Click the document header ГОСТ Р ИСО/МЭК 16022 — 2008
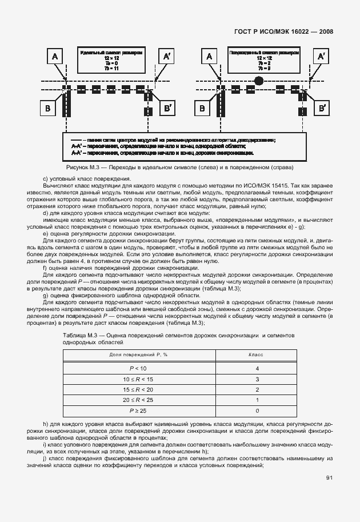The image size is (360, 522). click(x=283, y=32)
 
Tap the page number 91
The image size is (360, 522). click(x=329, y=478)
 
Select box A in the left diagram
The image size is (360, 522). click(x=55, y=56)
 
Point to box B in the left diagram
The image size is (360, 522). click(x=49, y=108)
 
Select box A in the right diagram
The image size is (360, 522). click(x=209, y=56)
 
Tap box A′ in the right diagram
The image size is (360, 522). click(x=321, y=56)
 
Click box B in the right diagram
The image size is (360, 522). click(x=202, y=108)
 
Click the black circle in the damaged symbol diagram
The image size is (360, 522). click(x=259, y=82)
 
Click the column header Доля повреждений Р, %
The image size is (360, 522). click(x=138, y=355)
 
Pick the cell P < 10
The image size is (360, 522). click(x=138, y=369)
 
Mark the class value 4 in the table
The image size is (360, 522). click(x=258, y=369)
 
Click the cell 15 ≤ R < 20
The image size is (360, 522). click(x=138, y=390)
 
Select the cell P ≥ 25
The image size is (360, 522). click(x=138, y=411)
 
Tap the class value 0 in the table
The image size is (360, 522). click(x=258, y=411)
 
